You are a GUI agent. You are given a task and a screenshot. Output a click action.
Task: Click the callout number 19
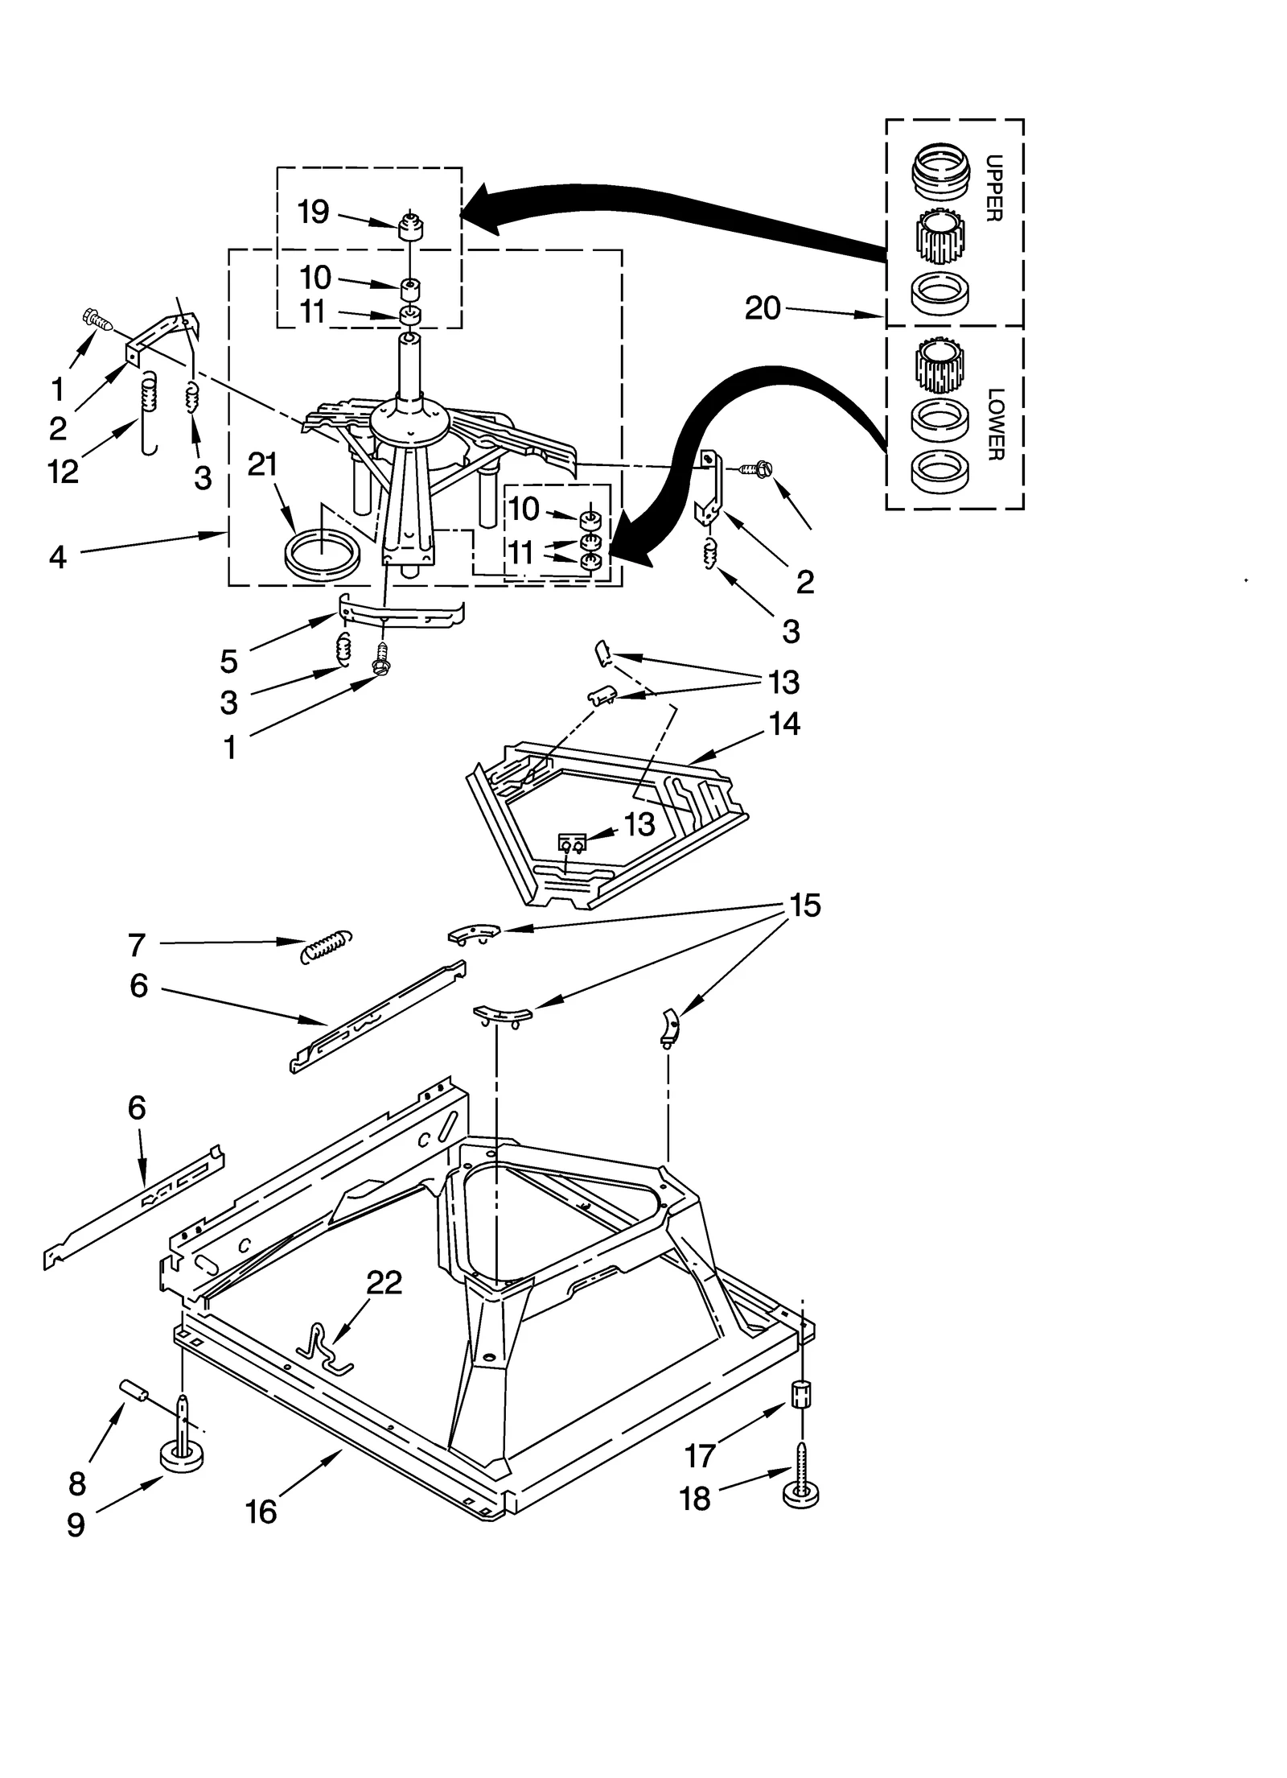click(313, 212)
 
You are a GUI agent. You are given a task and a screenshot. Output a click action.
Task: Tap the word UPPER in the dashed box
click(993, 188)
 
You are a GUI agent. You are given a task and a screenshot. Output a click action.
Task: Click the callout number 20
click(763, 308)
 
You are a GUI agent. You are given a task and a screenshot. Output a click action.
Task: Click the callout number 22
click(384, 1283)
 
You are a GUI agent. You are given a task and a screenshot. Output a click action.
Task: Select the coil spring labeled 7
click(326, 945)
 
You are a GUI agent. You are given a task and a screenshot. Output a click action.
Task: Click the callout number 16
click(261, 1512)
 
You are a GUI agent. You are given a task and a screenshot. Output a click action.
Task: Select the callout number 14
click(784, 724)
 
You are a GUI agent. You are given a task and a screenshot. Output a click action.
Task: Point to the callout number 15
click(804, 906)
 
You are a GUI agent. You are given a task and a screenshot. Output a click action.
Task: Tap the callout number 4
click(58, 556)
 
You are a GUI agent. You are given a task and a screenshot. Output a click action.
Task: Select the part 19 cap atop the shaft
click(411, 228)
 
